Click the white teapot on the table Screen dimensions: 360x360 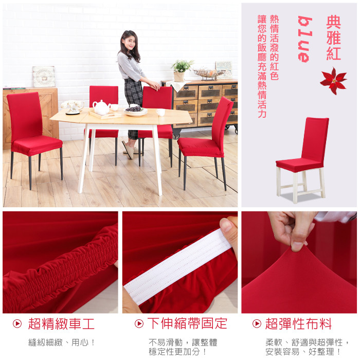click(101, 107)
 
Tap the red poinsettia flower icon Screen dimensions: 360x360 click(333, 81)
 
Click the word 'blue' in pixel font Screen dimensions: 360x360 click(305, 39)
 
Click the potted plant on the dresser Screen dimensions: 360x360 click(182, 70)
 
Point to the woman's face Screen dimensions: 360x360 click(129, 43)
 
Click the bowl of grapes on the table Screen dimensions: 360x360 click(136, 111)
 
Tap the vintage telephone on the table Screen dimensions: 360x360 click(73, 107)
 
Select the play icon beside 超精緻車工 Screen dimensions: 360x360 click(17, 323)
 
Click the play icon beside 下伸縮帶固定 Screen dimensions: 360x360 click(139, 323)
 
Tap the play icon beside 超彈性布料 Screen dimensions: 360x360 click(257, 323)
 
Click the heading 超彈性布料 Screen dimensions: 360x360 click(298, 323)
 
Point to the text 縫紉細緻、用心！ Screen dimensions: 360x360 click(62, 343)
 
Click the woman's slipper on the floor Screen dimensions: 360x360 click(128, 150)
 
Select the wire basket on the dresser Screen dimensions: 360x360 click(209, 74)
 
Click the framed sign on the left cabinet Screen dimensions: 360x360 click(44, 77)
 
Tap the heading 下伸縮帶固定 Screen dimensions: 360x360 click(187, 323)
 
